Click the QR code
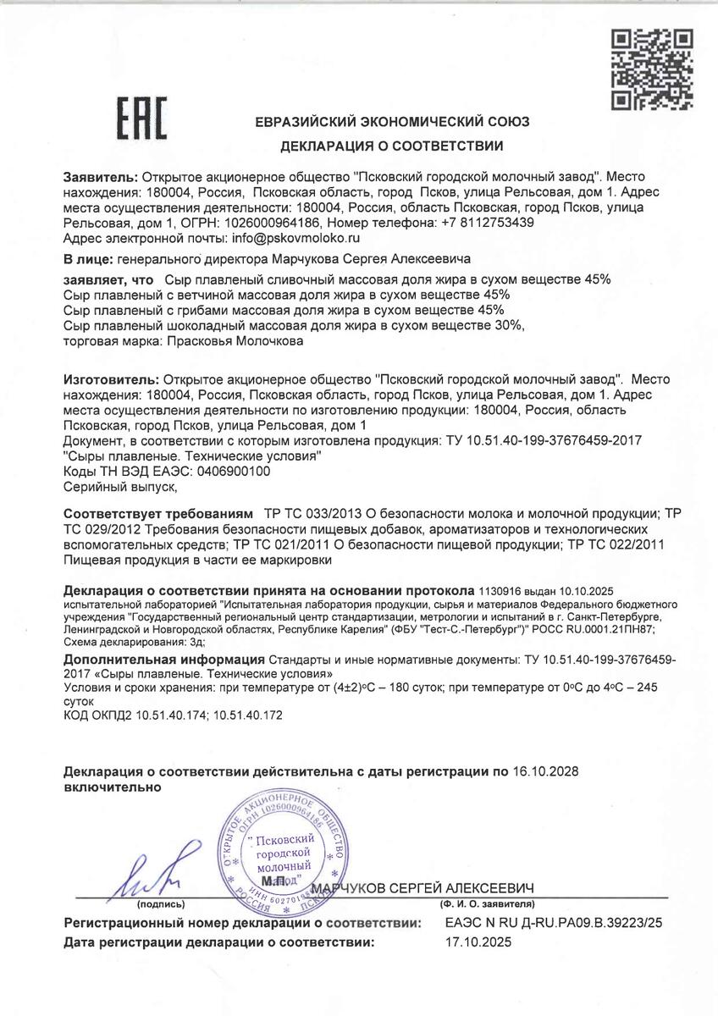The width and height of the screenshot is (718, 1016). pos(653,69)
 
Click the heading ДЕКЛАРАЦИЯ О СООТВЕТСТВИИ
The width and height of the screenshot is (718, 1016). pos(392,146)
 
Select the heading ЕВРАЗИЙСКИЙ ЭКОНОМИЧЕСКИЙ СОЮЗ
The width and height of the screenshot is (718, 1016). pos(392,122)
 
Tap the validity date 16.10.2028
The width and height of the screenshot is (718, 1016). pos(546,771)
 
